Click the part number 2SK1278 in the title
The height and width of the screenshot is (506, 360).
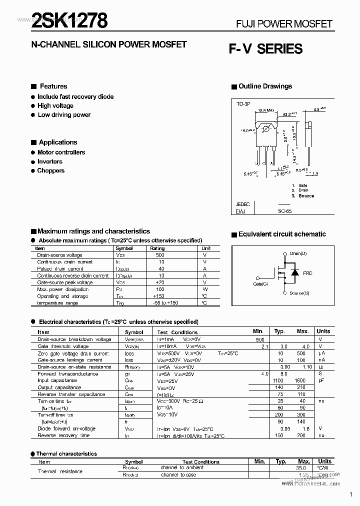(x=68, y=21)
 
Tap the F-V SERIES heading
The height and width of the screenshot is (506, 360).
(x=265, y=49)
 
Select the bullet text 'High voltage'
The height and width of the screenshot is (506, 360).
(x=55, y=106)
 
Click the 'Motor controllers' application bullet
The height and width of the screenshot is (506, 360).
(x=61, y=152)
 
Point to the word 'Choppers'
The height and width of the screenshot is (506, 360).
(x=51, y=171)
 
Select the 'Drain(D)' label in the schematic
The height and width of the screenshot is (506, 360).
(x=298, y=253)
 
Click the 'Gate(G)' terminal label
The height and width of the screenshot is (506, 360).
(x=260, y=284)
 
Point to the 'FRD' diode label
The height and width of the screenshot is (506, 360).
(x=307, y=273)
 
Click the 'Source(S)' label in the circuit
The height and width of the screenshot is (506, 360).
(x=299, y=293)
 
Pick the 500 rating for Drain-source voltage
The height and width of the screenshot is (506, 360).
(x=159, y=255)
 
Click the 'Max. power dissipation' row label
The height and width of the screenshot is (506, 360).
(x=62, y=289)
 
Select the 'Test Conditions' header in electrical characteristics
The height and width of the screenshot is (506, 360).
(x=177, y=332)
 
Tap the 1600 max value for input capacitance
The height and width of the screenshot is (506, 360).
(x=300, y=380)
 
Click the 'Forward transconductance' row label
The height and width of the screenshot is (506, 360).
(x=67, y=373)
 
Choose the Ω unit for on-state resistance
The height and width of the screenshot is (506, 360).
(x=320, y=367)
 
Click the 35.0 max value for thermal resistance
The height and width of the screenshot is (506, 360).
(x=301, y=468)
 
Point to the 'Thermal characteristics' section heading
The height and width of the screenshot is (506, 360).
(x=66, y=454)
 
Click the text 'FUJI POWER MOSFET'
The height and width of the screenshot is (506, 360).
(x=283, y=24)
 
